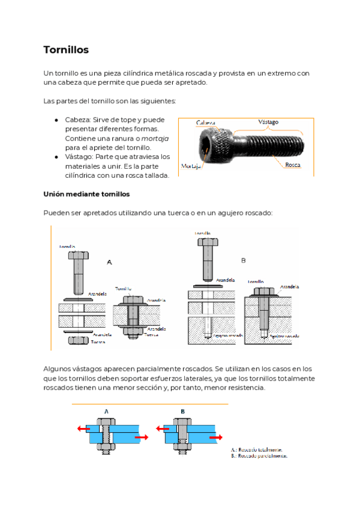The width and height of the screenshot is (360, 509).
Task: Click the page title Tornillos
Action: coord(66,50)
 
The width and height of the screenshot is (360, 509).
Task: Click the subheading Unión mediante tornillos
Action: coord(86,194)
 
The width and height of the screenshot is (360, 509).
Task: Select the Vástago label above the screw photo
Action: coord(268,122)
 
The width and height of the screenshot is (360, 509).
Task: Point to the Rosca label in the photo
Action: coord(293,164)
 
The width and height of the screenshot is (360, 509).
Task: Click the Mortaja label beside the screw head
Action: coord(191,165)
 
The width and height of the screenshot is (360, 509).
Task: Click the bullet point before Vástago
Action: coord(56,157)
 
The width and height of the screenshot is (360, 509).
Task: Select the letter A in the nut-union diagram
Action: coord(109,262)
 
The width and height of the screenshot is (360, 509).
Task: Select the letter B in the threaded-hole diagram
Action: coord(243,261)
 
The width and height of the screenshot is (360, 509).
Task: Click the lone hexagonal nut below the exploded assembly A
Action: coord(79,340)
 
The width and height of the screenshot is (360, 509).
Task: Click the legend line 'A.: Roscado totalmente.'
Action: coord(256,449)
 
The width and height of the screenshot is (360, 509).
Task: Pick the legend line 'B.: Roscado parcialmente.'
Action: coord(259,456)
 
